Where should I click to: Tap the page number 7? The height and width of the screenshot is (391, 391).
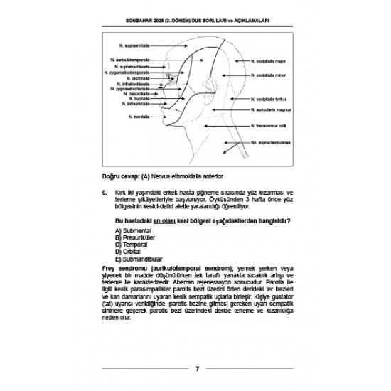click(196, 368)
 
